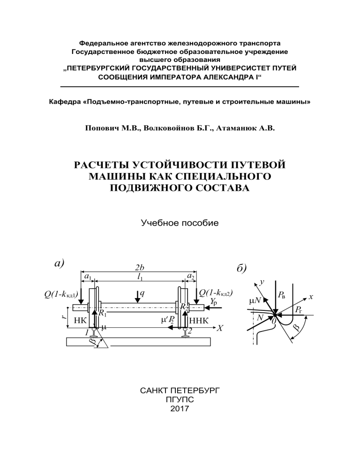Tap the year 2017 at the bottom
click(x=180, y=409)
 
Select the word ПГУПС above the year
click(x=180, y=399)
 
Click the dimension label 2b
click(x=139, y=268)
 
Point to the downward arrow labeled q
click(x=137, y=296)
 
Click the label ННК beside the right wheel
click(x=198, y=321)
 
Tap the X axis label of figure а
click(x=219, y=328)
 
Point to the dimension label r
click(x=64, y=317)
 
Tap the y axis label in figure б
click(x=262, y=282)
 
